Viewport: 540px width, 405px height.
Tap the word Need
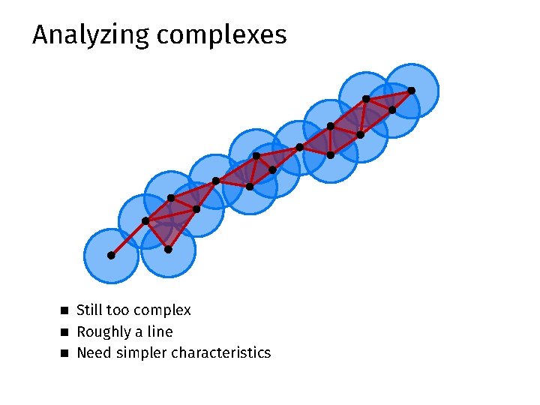(93, 352)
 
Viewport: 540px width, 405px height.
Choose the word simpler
(141, 353)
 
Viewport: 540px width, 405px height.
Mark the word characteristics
(221, 352)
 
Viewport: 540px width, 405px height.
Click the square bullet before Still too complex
(64, 310)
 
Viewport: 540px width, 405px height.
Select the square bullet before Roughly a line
(64, 331)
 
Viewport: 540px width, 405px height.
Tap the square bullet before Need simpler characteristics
(64, 352)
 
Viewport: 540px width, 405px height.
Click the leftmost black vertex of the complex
(110, 256)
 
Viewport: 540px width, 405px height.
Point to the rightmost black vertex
(411, 91)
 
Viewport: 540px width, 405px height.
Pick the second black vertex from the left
(145, 220)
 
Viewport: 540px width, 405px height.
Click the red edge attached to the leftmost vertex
(127, 238)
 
